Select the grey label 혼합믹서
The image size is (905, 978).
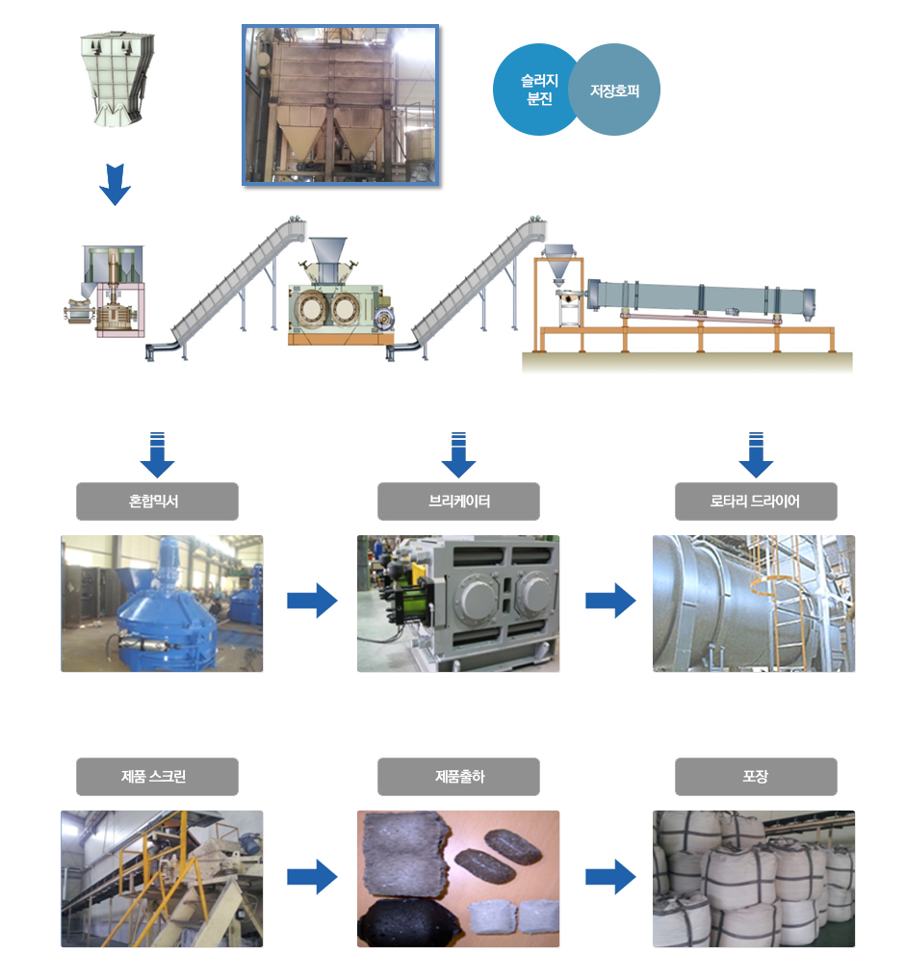(x=157, y=502)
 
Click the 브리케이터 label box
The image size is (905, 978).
(x=458, y=502)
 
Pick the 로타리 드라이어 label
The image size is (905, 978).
(x=756, y=502)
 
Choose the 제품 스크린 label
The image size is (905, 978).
(x=157, y=777)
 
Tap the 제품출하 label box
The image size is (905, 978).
(x=458, y=777)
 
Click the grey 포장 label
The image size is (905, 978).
(x=756, y=777)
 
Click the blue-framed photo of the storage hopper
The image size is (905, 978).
(x=340, y=104)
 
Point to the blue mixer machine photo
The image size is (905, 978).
(x=162, y=604)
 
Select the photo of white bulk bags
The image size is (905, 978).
(x=754, y=878)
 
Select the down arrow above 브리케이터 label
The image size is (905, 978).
(x=458, y=455)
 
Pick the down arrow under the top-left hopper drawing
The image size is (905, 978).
(x=115, y=184)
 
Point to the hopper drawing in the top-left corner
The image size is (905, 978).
(x=115, y=78)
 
